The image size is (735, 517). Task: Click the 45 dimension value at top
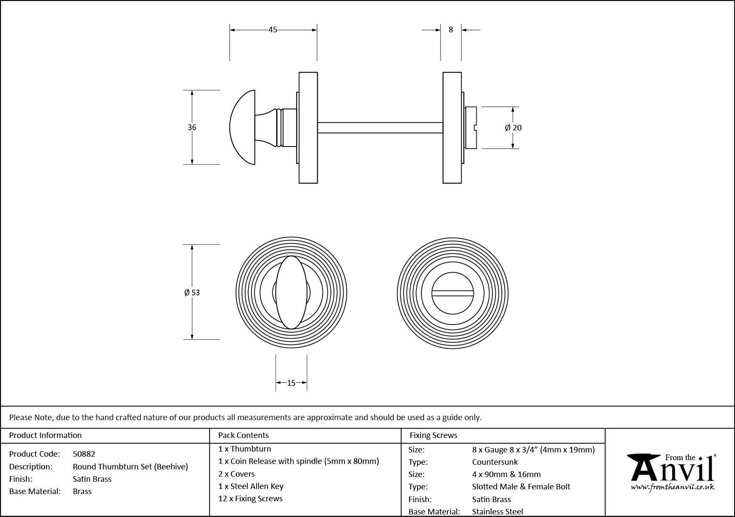(x=273, y=30)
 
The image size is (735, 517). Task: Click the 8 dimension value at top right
(x=451, y=30)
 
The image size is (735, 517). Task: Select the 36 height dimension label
(x=192, y=127)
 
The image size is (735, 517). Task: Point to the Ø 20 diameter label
(x=513, y=127)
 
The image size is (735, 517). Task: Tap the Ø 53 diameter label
(x=192, y=292)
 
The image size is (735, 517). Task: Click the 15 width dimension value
(x=291, y=383)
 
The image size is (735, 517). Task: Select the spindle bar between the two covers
(x=380, y=127)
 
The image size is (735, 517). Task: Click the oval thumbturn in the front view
(x=291, y=292)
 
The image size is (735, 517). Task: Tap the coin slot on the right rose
(x=452, y=293)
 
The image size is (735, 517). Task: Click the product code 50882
(x=84, y=454)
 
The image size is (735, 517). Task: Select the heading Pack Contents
(x=243, y=435)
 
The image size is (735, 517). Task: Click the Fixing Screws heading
(x=433, y=435)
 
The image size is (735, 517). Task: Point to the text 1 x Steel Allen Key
(x=251, y=486)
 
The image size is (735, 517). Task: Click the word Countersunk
(x=495, y=462)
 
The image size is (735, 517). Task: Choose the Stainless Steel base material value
(x=498, y=512)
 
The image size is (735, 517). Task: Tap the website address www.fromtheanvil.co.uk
(x=672, y=488)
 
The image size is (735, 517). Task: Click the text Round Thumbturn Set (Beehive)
(x=130, y=467)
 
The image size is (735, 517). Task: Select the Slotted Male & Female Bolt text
(x=521, y=487)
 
